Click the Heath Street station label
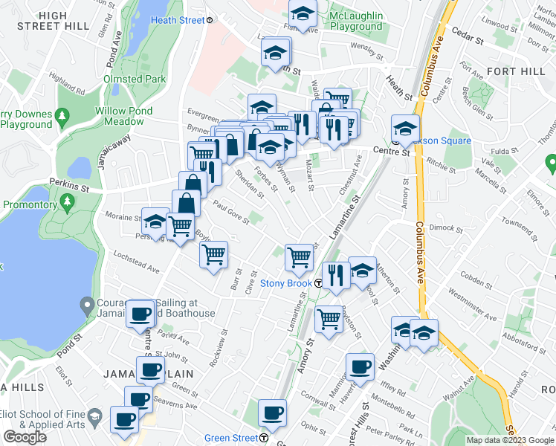177,20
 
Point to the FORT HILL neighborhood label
512,71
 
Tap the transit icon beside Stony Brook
318,283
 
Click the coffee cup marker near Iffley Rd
361,366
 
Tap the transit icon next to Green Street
265,437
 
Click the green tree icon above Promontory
68,201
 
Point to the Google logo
25,437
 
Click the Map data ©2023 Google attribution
509,440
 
